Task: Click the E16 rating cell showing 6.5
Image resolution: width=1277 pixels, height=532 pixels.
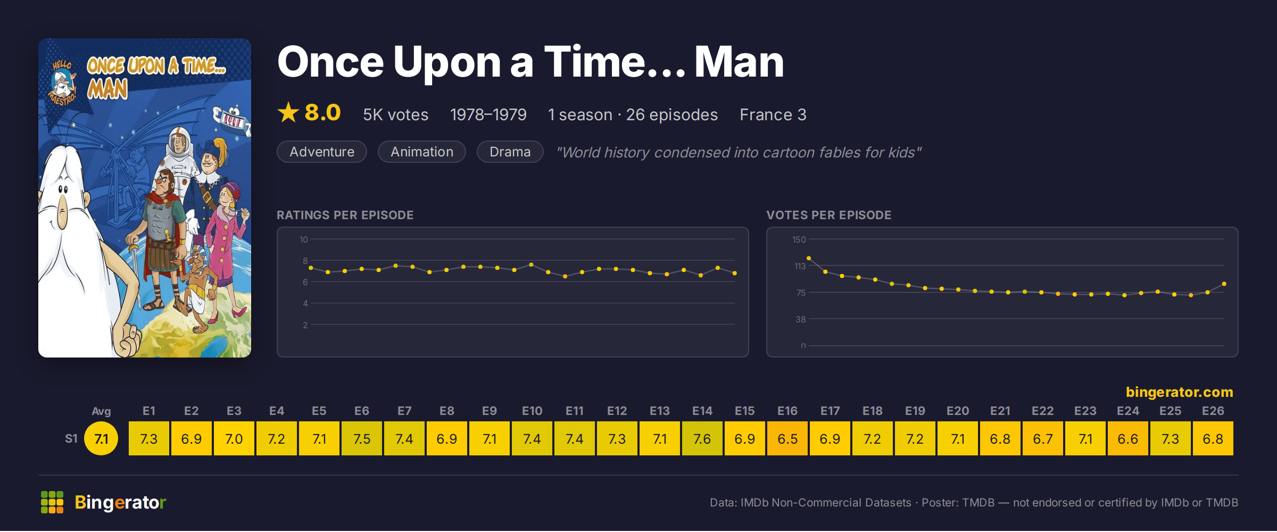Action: click(787, 438)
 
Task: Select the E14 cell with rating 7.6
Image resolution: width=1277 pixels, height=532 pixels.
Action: click(702, 438)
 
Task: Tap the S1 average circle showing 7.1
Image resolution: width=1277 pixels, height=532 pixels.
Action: click(101, 438)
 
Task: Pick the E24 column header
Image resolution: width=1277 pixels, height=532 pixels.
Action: click(1128, 411)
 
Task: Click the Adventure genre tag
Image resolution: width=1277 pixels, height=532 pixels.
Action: click(322, 152)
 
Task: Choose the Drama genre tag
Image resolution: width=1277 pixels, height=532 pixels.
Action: click(510, 152)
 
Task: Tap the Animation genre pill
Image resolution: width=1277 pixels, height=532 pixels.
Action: click(422, 152)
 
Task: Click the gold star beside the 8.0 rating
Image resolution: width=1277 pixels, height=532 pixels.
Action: click(288, 112)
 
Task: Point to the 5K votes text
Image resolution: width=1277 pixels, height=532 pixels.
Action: click(395, 114)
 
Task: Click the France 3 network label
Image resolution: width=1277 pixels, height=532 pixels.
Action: click(773, 114)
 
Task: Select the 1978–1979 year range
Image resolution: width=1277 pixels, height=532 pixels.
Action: click(488, 114)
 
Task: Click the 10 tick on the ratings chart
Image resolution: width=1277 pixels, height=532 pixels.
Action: click(303, 239)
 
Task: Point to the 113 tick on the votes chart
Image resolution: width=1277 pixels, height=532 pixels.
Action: click(800, 266)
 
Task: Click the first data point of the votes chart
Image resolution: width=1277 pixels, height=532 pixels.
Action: click(809, 258)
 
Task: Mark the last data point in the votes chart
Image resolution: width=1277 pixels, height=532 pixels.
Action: click(1224, 284)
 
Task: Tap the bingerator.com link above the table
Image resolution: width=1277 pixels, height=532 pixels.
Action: click(1179, 392)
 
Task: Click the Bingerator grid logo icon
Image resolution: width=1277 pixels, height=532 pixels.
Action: click(52, 502)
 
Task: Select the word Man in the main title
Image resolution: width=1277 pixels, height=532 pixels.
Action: click(739, 62)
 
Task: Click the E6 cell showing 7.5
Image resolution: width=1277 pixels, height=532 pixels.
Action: click(362, 438)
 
